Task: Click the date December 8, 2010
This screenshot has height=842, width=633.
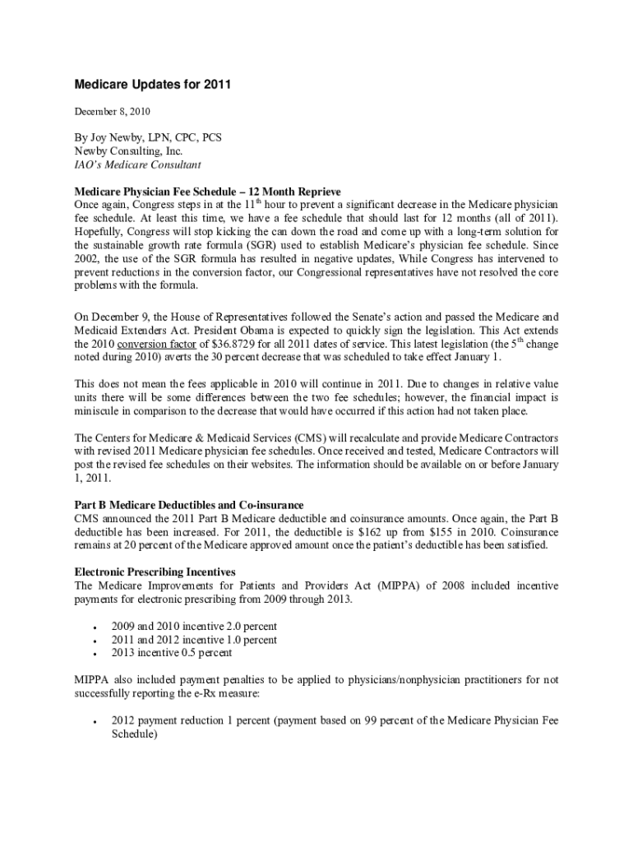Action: (112, 110)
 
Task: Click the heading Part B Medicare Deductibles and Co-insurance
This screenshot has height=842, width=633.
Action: (189, 504)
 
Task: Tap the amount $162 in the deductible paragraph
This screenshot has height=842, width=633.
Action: (365, 531)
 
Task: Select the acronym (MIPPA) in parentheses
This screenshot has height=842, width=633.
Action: (402, 585)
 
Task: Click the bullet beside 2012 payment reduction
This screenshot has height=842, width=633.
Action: (96, 722)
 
